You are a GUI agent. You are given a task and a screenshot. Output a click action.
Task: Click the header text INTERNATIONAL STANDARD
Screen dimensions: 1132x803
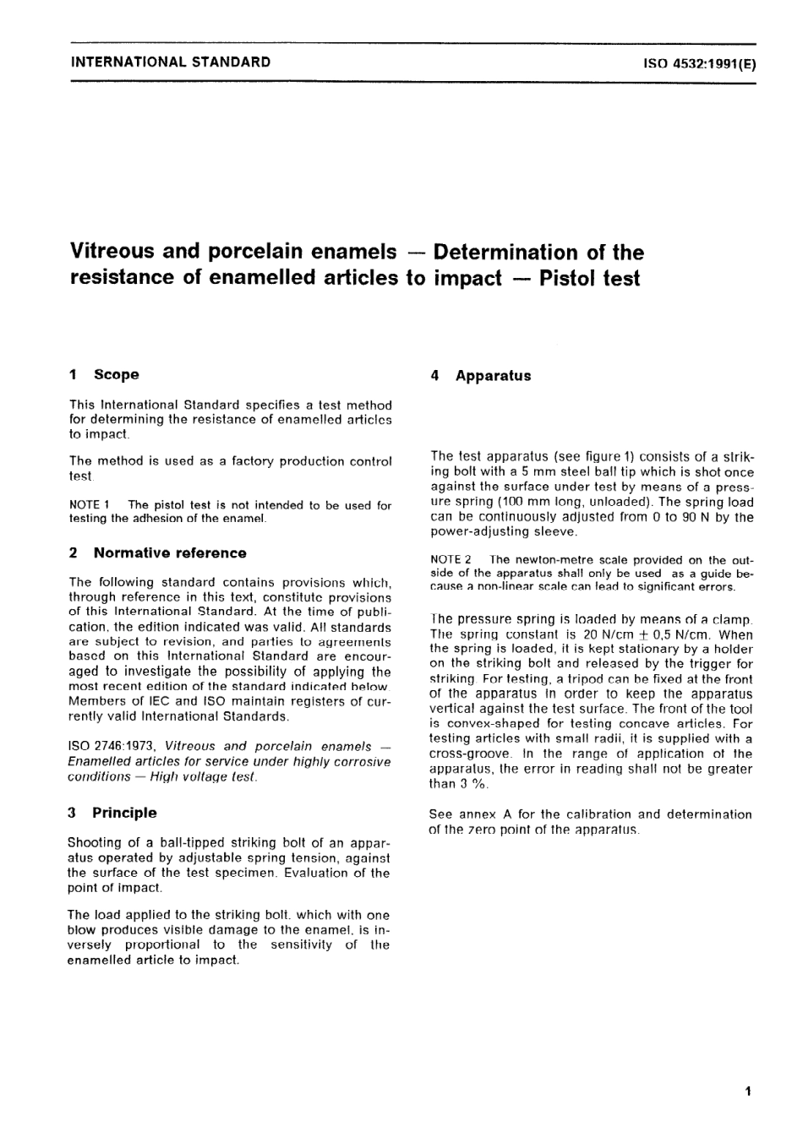[x=171, y=62]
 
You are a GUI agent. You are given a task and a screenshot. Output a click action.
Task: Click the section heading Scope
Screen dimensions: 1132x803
[x=117, y=374]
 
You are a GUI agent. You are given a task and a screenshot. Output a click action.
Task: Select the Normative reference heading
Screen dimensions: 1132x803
[x=170, y=553]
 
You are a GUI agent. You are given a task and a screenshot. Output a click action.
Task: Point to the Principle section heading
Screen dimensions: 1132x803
[x=124, y=813]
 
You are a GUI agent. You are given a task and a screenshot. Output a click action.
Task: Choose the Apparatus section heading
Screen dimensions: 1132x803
[x=493, y=376]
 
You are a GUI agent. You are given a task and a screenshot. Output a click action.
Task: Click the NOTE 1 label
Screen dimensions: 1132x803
[x=90, y=505]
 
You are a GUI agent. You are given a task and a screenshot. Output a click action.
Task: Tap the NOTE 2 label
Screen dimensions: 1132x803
[x=451, y=559]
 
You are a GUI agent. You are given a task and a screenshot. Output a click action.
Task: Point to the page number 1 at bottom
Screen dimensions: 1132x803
[x=747, y=1091]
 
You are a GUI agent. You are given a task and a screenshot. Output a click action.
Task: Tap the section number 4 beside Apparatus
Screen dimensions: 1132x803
[x=434, y=376]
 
